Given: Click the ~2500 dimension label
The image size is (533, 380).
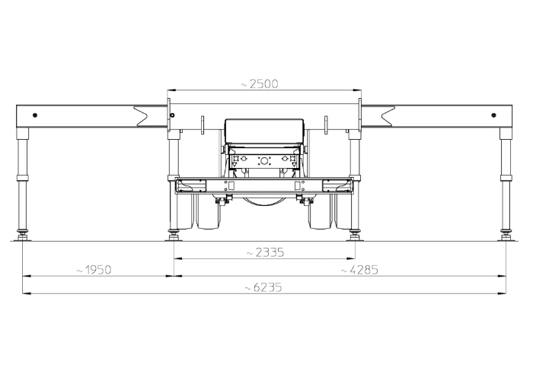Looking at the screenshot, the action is click(x=260, y=84).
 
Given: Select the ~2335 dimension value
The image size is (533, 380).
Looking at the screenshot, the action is click(x=265, y=253).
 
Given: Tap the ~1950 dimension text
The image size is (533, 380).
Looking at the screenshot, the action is click(x=94, y=270).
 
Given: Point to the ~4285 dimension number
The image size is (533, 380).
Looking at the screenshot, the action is click(x=359, y=270).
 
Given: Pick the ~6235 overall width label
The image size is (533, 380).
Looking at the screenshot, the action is click(x=263, y=288).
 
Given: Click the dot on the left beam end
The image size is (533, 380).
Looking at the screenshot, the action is click(x=35, y=116).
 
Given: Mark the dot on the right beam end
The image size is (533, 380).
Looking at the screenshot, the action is click(x=494, y=116).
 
